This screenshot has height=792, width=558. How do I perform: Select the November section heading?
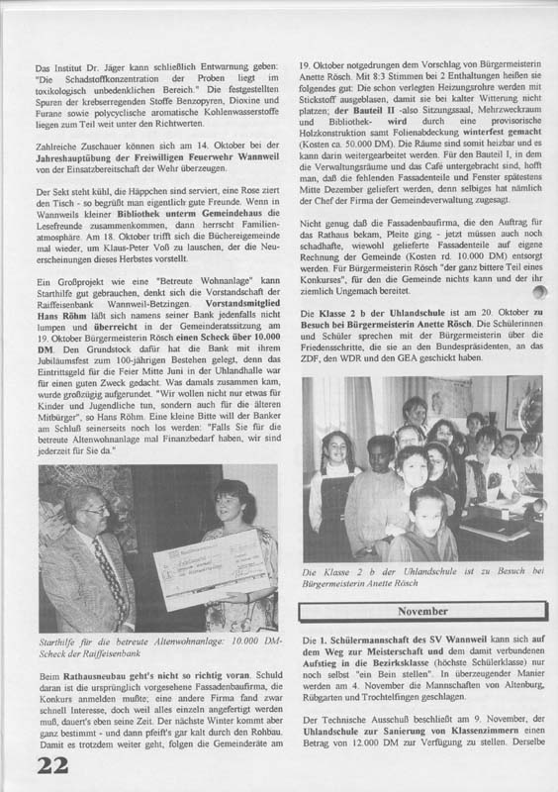(422, 612)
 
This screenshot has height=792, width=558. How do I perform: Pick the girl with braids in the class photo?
(332, 485)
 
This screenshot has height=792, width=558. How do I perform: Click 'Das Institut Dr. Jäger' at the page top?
(78, 66)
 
